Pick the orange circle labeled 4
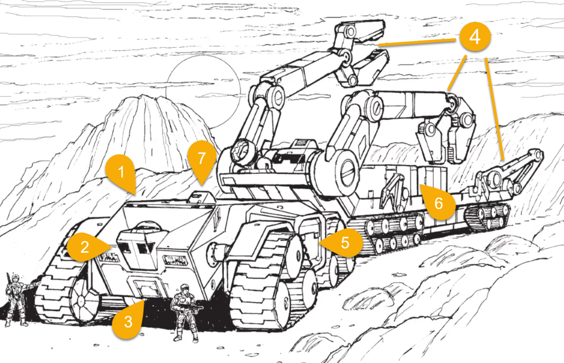[475, 37]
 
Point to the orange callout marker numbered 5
[345, 242]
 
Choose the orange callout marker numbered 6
[439, 203]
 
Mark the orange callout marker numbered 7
[202, 159]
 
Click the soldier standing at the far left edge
[15, 299]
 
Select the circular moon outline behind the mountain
[202, 89]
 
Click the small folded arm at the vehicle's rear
[512, 174]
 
